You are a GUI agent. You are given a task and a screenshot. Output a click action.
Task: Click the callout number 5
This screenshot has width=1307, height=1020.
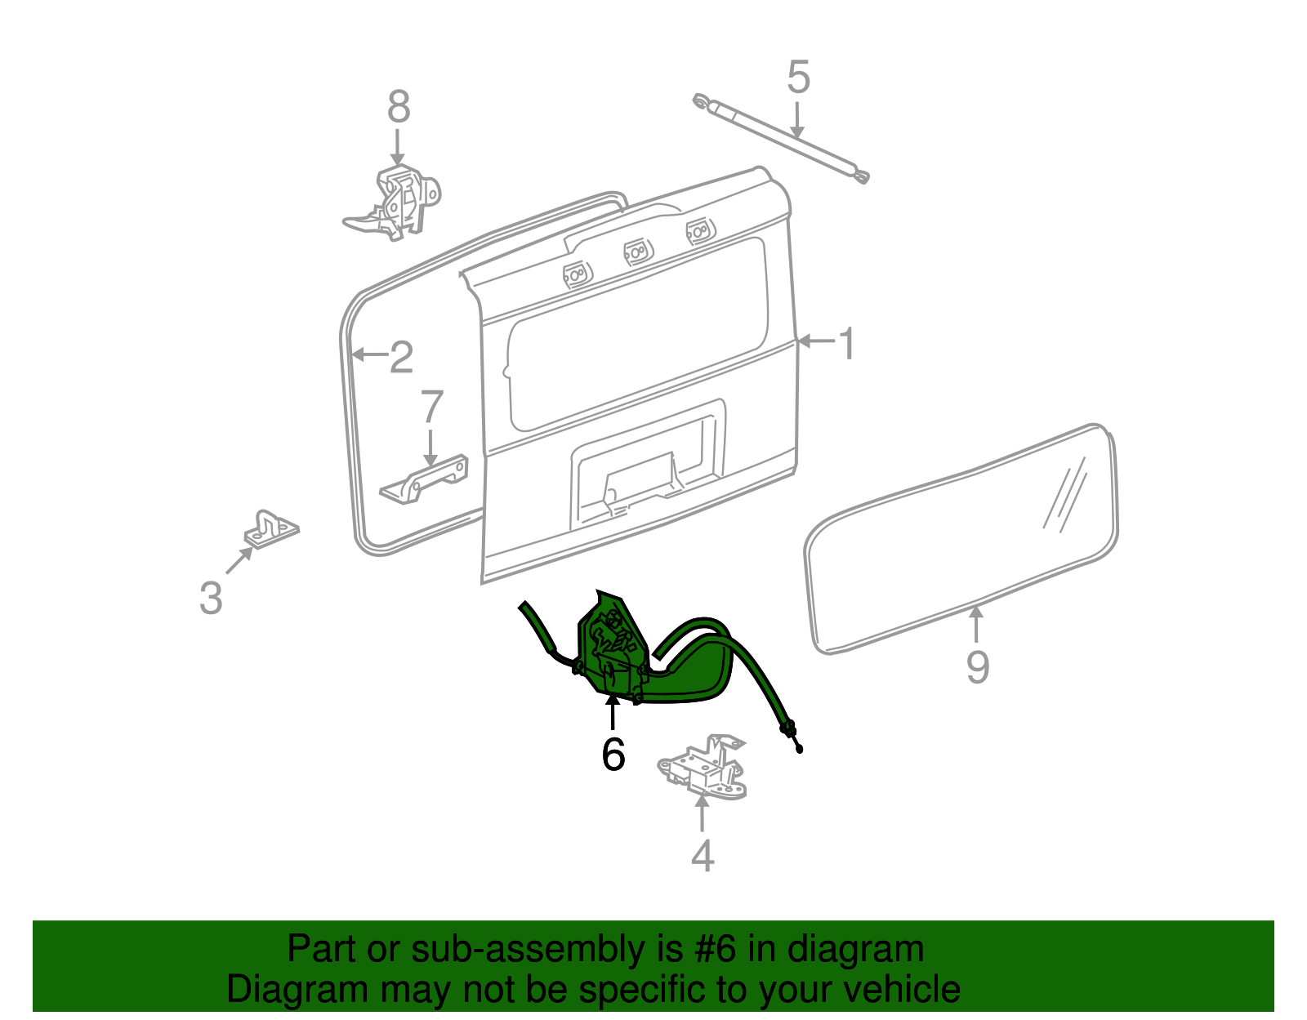pos(798,78)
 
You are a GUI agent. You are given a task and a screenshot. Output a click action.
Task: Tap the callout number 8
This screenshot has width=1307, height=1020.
pos(399,107)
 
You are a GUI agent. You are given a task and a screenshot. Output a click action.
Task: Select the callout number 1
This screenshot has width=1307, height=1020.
pos(847,343)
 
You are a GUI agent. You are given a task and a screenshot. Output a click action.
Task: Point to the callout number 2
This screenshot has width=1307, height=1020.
pos(401,357)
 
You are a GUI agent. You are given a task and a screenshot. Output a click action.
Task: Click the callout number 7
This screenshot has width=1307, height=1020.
pos(431,408)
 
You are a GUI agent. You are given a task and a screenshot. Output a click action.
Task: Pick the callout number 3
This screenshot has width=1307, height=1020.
pos(211,598)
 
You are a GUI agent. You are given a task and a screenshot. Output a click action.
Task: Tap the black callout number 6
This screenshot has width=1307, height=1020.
pos(613,754)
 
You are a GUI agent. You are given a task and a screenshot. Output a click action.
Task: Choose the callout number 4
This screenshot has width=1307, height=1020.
pos(703,855)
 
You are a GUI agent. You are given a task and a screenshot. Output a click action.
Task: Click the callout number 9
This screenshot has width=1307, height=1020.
pos(977,666)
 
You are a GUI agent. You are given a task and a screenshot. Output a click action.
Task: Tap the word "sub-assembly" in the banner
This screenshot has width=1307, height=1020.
pos(504,950)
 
